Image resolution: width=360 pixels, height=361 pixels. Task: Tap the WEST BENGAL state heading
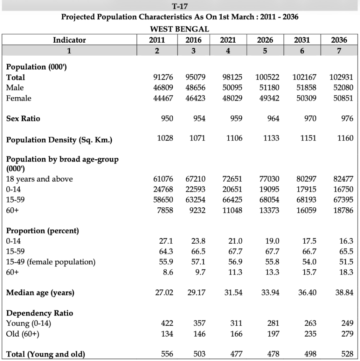180,29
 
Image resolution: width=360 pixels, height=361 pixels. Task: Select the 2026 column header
265,40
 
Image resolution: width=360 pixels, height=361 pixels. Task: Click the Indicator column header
69,40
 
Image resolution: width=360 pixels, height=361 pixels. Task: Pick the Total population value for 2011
163,77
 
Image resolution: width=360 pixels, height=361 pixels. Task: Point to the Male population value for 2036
343,87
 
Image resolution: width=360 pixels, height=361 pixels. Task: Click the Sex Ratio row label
23,118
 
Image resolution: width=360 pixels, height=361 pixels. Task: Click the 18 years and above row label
39,179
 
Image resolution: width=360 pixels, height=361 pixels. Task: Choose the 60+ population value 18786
343,210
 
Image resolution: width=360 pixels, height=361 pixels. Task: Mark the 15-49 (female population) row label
51,262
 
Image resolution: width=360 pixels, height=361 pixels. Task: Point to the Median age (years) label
40,293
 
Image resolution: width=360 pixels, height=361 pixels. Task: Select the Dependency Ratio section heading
39,313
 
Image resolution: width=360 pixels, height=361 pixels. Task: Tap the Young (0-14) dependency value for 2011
167,323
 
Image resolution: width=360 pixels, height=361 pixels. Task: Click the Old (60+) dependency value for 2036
347,334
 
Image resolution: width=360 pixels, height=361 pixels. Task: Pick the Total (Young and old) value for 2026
273,354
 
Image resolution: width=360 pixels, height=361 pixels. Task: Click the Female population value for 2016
195,98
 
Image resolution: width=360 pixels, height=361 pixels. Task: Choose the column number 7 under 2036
339,51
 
